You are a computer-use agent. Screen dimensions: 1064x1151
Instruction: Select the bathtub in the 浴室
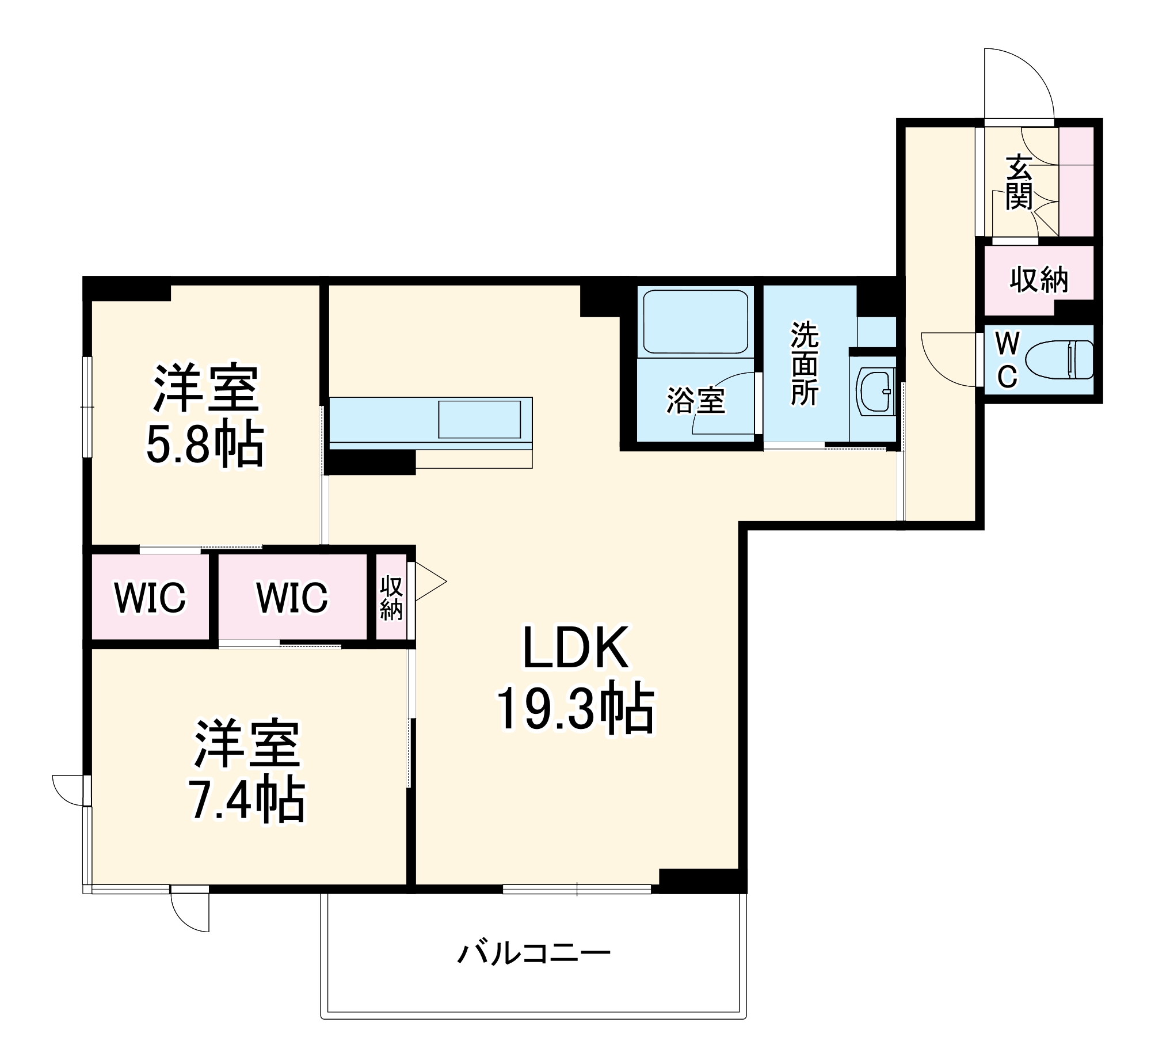[695, 321]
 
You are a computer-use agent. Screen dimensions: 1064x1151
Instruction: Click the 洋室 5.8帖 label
[205, 415]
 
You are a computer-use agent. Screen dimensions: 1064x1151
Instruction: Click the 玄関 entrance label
[1019, 183]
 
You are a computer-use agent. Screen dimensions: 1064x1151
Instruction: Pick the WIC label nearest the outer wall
[150, 598]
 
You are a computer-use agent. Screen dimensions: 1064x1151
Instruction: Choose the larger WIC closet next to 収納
[292, 598]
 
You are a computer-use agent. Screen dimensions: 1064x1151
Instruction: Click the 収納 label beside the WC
[1039, 280]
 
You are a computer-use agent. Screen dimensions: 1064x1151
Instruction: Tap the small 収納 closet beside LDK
[391, 598]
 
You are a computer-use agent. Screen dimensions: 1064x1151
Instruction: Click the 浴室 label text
[696, 401]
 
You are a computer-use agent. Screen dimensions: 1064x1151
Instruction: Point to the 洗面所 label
[805, 363]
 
